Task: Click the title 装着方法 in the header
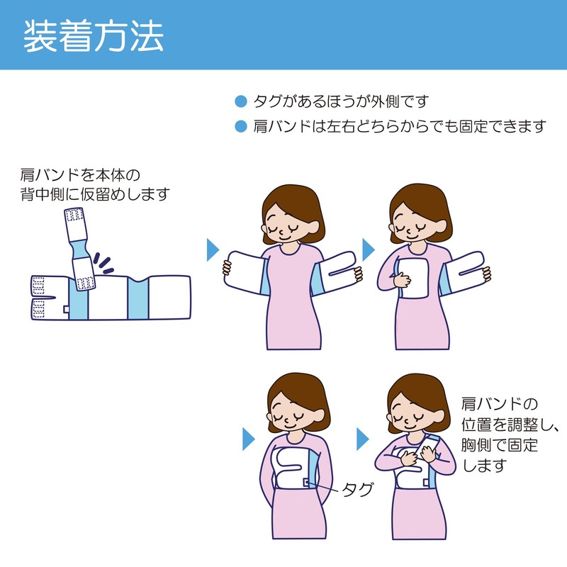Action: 94,36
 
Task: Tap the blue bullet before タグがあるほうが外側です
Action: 240,101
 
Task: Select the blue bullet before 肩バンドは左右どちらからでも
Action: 240,127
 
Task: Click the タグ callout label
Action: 357,490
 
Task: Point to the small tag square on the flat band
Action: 66,309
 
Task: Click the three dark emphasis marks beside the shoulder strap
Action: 103,263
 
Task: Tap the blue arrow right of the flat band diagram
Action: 213,249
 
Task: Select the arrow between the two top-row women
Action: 369,249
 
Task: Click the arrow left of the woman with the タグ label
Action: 249,439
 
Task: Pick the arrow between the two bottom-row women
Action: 363,439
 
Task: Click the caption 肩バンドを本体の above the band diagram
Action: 80,175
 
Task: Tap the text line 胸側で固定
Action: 500,445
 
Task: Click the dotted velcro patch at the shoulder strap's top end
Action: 75,215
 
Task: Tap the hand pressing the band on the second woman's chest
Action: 402,279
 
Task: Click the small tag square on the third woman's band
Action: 306,483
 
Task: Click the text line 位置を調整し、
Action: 510,424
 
